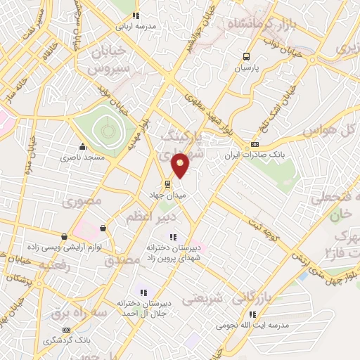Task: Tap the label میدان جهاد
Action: (167, 195)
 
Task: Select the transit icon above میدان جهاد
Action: (175, 185)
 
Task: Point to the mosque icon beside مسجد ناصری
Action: (83, 147)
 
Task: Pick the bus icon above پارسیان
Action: (246, 57)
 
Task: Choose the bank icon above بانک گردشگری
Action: (66, 329)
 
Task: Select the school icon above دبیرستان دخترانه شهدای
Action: (174, 236)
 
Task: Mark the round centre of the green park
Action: (107, 129)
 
